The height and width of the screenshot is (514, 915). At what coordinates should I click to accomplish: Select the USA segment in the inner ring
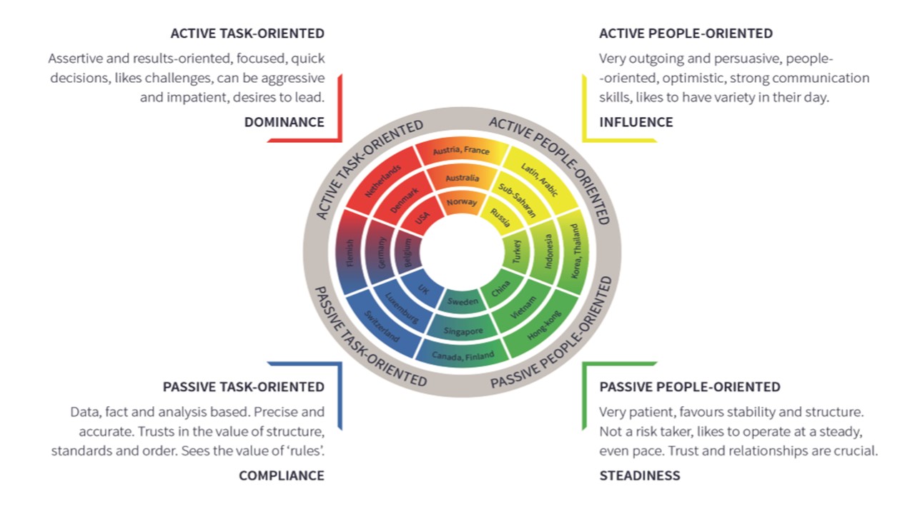tap(422, 217)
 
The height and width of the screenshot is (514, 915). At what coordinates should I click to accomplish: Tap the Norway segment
tap(462, 202)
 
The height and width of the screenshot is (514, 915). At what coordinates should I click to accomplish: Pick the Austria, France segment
tap(462, 151)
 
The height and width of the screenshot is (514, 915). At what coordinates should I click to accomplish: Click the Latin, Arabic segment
tap(540, 179)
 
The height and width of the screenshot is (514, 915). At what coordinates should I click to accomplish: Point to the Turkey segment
tap(517, 251)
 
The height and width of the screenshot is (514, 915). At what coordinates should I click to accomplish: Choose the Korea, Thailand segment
tap(575, 251)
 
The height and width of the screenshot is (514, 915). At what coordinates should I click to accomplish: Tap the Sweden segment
tap(462, 302)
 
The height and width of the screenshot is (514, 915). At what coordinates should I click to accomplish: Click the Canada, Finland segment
tap(463, 356)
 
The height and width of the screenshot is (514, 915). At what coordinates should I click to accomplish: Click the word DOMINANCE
tap(285, 122)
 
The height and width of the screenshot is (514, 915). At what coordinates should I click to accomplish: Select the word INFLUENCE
tap(636, 122)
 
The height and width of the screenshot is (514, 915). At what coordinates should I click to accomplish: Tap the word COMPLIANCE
tap(282, 475)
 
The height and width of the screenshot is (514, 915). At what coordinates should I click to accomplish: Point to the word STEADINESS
tap(640, 475)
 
